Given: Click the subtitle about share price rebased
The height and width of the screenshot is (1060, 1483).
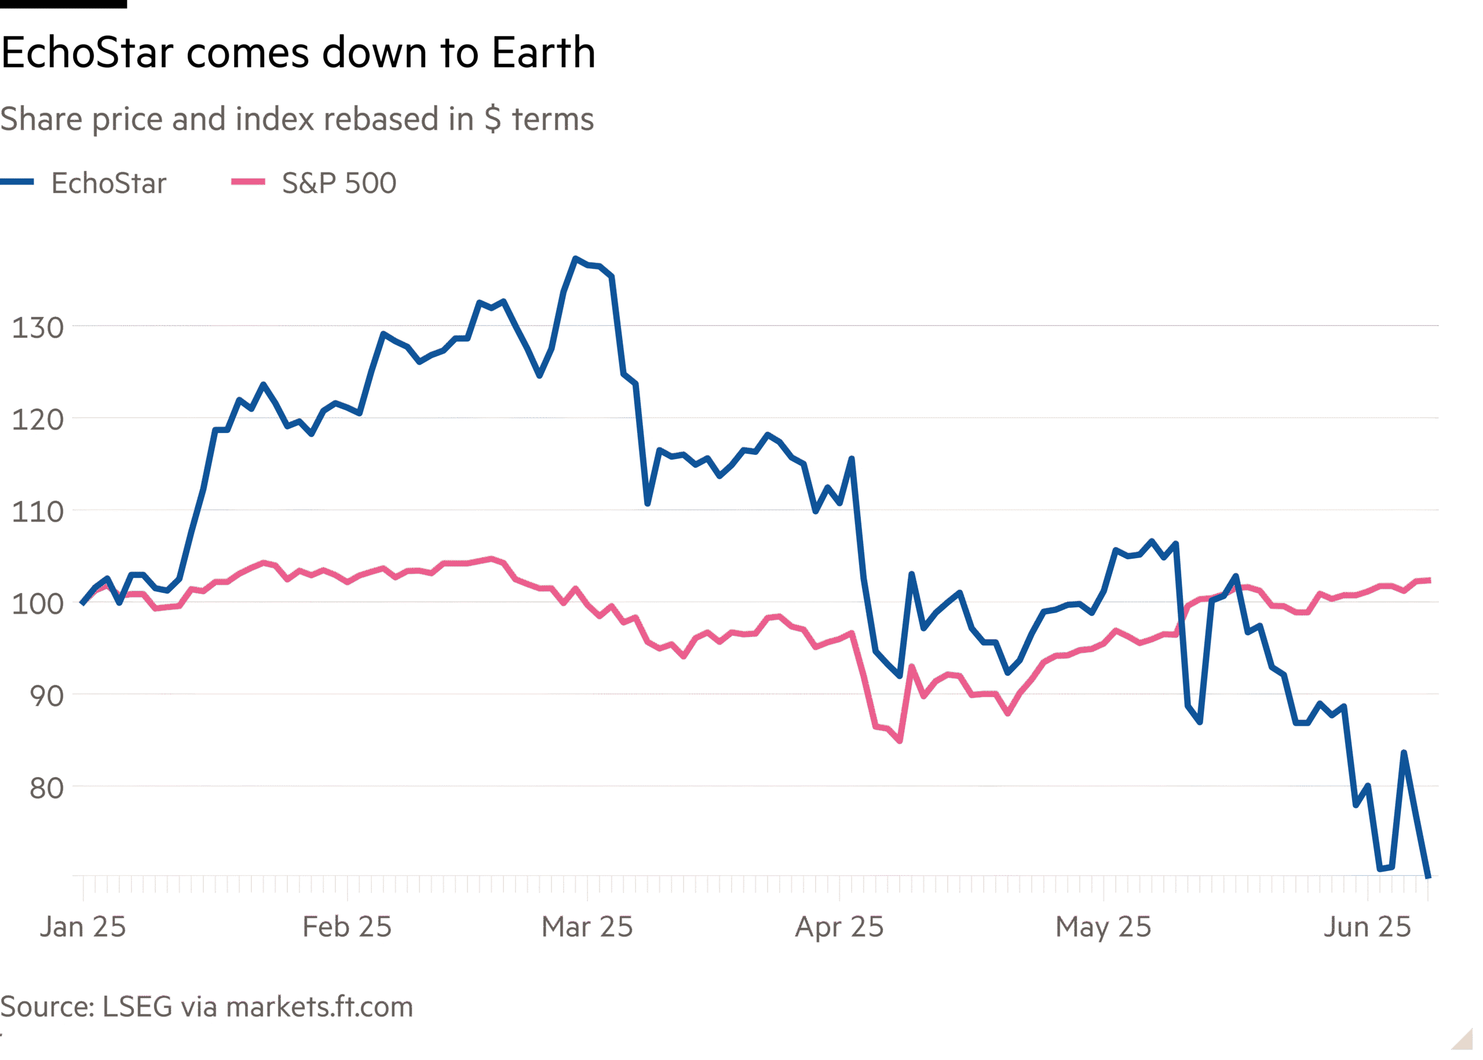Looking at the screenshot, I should coord(297,119).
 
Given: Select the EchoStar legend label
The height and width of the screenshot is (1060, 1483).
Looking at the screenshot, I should coord(108,183).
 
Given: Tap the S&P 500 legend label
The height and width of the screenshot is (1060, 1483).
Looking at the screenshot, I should coord(339,183).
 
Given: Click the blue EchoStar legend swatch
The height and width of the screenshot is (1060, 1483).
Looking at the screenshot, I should coord(17,182).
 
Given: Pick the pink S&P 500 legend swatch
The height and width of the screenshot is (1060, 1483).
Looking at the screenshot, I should coord(248,182).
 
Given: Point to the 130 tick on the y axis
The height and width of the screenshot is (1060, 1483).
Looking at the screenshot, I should coord(38,327).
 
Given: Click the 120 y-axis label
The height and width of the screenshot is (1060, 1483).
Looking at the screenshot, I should coord(38,420).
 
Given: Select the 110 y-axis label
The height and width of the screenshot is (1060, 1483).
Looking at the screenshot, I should coord(38,512).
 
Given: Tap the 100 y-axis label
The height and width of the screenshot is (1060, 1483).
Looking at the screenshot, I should coord(38,604).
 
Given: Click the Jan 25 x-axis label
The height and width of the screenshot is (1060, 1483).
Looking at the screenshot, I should coord(83,927).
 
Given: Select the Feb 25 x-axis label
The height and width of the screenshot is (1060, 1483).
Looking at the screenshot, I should coord(346,927).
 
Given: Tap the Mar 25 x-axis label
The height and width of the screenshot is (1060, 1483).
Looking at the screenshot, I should coord(587,927).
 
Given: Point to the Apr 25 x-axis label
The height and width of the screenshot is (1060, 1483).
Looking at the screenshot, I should coord(839,927).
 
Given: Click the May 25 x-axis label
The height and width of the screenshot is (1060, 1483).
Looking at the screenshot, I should coord(1104,927).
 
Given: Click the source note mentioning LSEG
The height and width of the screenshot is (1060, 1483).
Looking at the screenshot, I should coord(206,1007).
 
